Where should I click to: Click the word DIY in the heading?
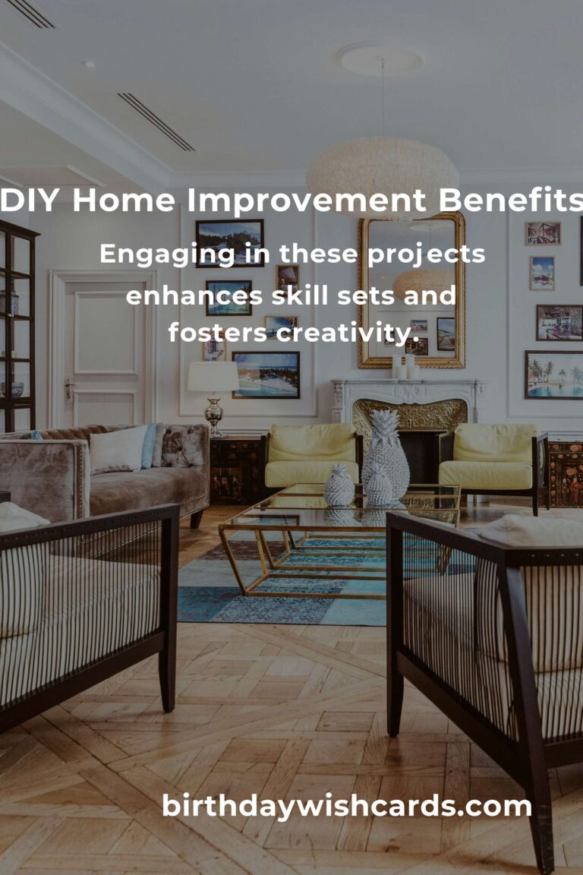(x=29, y=201)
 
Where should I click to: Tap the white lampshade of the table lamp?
(x=213, y=377)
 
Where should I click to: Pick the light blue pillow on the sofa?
(x=149, y=445)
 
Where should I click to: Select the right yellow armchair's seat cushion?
(x=485, y=475)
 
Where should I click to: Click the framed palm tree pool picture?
(x=553, y=375)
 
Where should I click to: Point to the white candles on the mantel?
(x=404, y=367)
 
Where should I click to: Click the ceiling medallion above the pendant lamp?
(x=381, y=60)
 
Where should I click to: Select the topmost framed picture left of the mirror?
(x=229, y=243)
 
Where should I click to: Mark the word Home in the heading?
(x=124, y=201)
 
